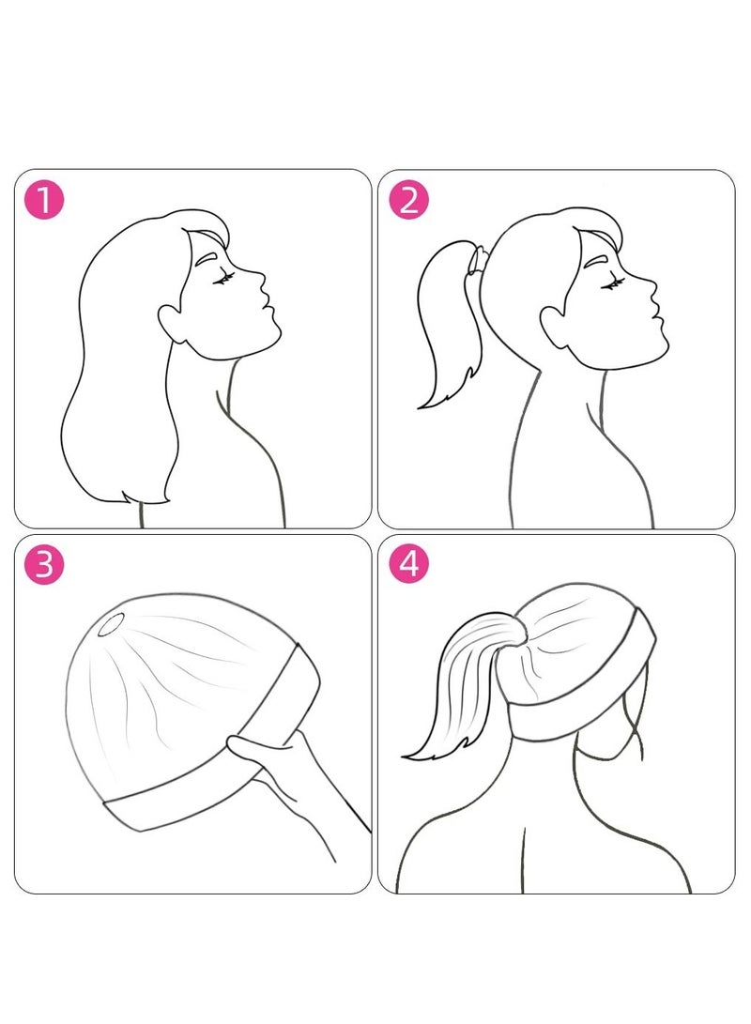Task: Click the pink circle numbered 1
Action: (43, 201)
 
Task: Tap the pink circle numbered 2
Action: (407, 201)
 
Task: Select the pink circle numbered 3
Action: (43, 566)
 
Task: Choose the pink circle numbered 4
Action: (407, 566)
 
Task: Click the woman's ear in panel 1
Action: (173, 323)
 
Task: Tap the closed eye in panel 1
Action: (222, 278)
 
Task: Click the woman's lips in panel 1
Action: (266, 308)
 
